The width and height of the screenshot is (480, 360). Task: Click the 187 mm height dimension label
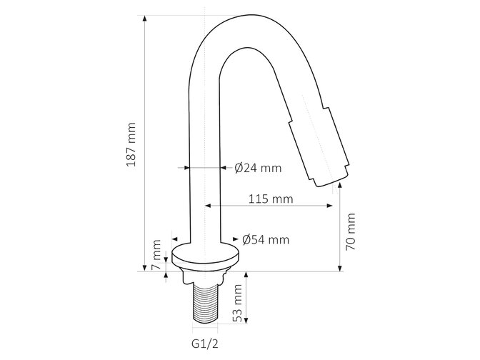click(x=131, y=146)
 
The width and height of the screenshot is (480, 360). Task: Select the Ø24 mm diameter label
click(x=258, y=169)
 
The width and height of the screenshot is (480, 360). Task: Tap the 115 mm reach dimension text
click(x=271, y=199)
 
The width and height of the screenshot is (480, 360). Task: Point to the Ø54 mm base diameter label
click(x=266, y=240)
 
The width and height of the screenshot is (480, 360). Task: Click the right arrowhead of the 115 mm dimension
click(x=329, y=206)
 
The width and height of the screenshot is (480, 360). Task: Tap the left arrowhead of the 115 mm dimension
click(x=209, y=206)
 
